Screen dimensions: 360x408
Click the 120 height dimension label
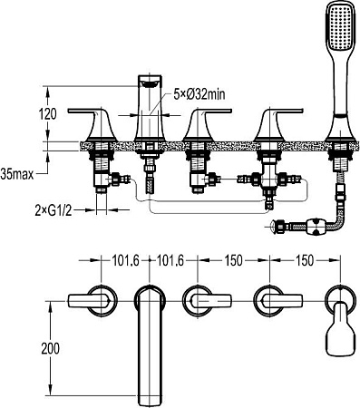47,114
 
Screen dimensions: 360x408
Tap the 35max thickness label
17,175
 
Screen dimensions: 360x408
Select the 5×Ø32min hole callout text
199,95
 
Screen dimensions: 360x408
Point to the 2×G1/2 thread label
54,211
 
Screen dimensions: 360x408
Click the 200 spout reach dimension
50,348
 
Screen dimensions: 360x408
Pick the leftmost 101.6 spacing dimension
125,260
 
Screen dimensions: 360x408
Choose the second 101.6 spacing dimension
170,260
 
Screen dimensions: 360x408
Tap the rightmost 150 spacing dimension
305,260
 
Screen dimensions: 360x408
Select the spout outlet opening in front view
150,82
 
